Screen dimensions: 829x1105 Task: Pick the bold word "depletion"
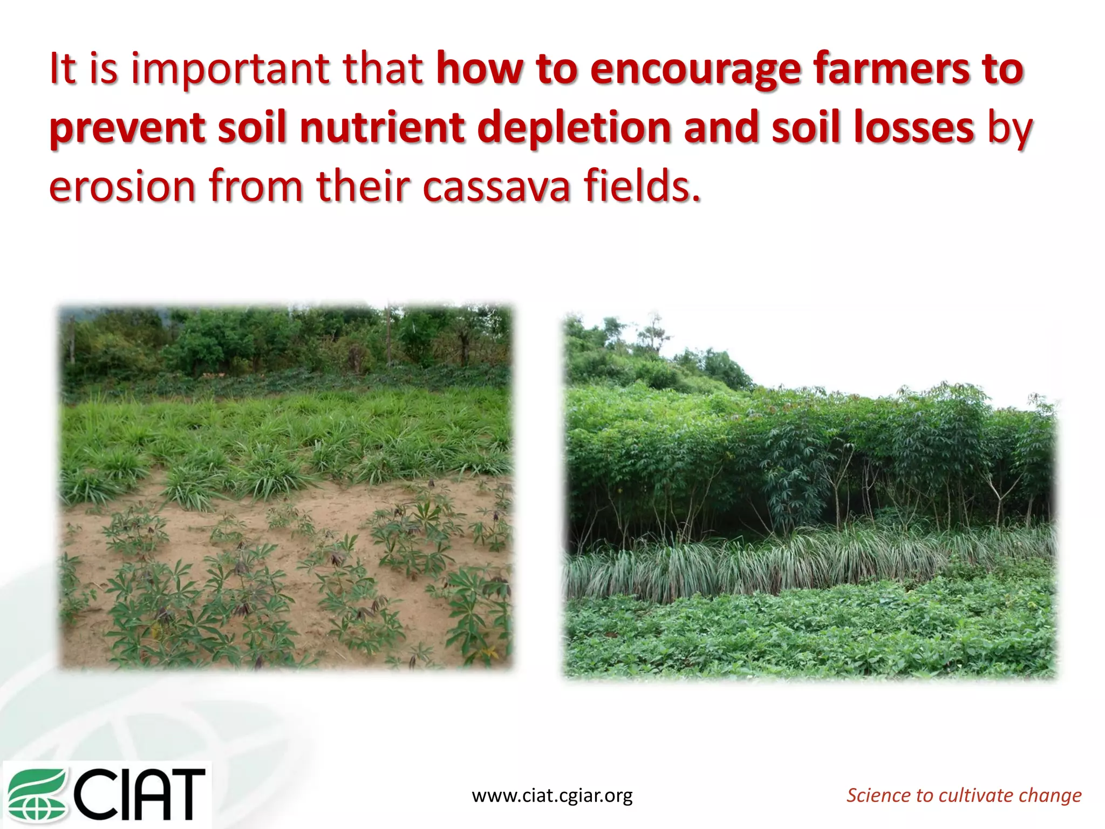click(x=574, y=128)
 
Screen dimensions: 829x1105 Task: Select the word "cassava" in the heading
click(x=496, y=187)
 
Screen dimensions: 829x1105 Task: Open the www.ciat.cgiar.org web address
click(x=552, y=796)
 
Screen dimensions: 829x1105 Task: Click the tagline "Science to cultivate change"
click(x=964, y=795)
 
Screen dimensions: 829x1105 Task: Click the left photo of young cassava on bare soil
click(x=286, y=486)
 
